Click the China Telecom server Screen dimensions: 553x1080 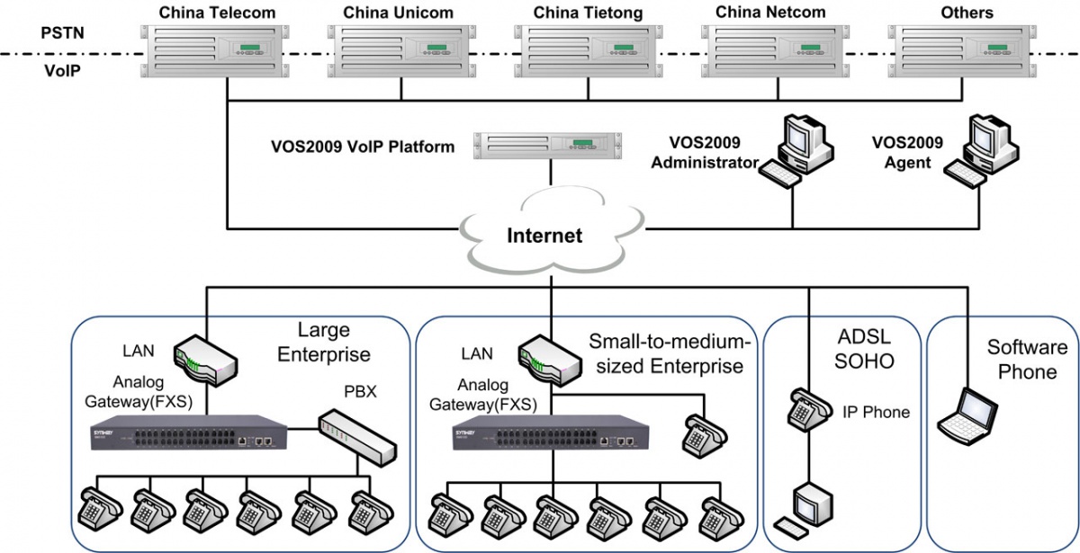pos(218,52)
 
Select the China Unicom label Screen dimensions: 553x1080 pos(399,13)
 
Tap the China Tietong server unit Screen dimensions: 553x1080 pos(588,52)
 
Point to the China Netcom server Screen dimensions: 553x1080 pos(775,52)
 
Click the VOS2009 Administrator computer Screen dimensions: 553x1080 pos(794,149)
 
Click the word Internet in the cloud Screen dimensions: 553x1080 pos(544,236)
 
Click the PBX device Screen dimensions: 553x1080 pos(357,435)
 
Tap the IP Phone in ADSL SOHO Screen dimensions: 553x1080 pos(806,410)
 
